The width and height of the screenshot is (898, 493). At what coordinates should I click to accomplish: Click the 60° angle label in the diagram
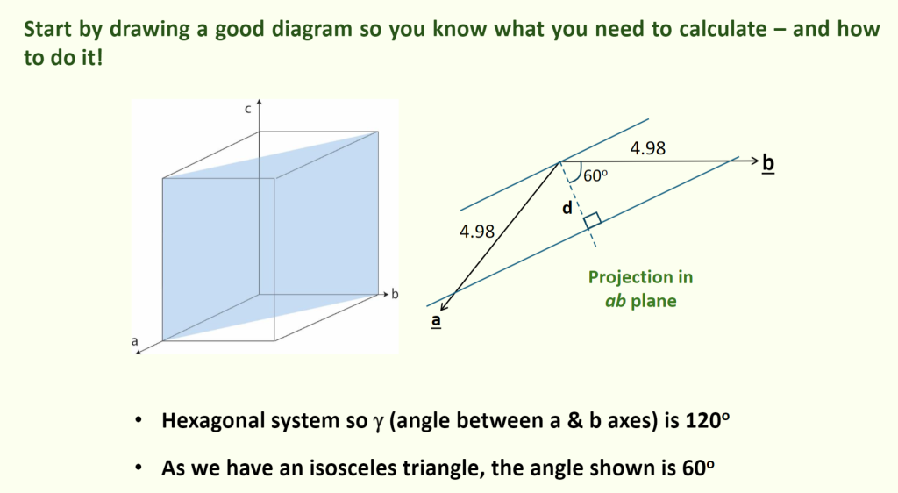[x=595, y=175]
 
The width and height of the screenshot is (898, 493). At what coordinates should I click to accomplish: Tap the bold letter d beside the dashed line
[x=567, y=208]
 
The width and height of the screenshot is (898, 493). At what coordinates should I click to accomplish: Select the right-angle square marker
[x=592, y=221]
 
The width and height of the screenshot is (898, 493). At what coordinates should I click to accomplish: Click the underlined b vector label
[x=768, y=163]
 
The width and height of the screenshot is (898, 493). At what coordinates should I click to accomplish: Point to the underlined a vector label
[x=437, y=321]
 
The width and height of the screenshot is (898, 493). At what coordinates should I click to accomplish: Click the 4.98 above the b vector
[x=648, y=148]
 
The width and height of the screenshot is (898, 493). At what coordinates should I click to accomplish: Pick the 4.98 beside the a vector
[x=477, y=232]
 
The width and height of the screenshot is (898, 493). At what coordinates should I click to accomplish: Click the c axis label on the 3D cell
[x=248, y=110]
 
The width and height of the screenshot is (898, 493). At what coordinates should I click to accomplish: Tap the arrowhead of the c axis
[x=259, y=103]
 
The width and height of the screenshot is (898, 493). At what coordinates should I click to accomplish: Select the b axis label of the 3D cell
[x=395, y=295]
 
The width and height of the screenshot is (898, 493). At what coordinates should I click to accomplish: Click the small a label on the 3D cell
[x=134, y=341]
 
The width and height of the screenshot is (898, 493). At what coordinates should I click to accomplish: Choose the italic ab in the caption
[x=615, y=301]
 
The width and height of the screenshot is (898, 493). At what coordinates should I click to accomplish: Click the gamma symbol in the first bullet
[x=377, y=423]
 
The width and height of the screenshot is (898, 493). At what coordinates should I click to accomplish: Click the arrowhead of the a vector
[x=445, y=306]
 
